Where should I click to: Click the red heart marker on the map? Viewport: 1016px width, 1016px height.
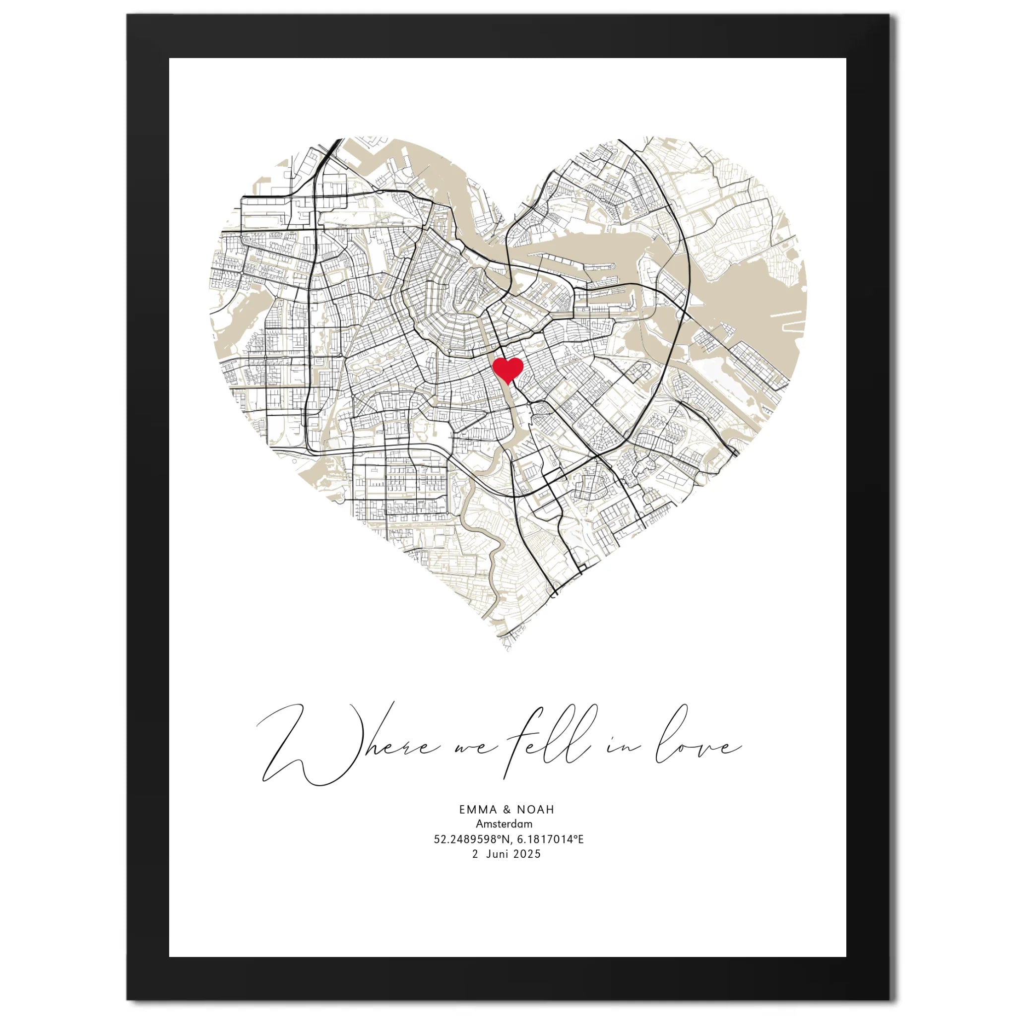pyautogui.click(x=508, y=370)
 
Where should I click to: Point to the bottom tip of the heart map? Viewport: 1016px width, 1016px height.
pyautogui.click(x=508, y=650)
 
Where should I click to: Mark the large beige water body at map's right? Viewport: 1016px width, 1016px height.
pyautogui.click(x=757, y=295)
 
